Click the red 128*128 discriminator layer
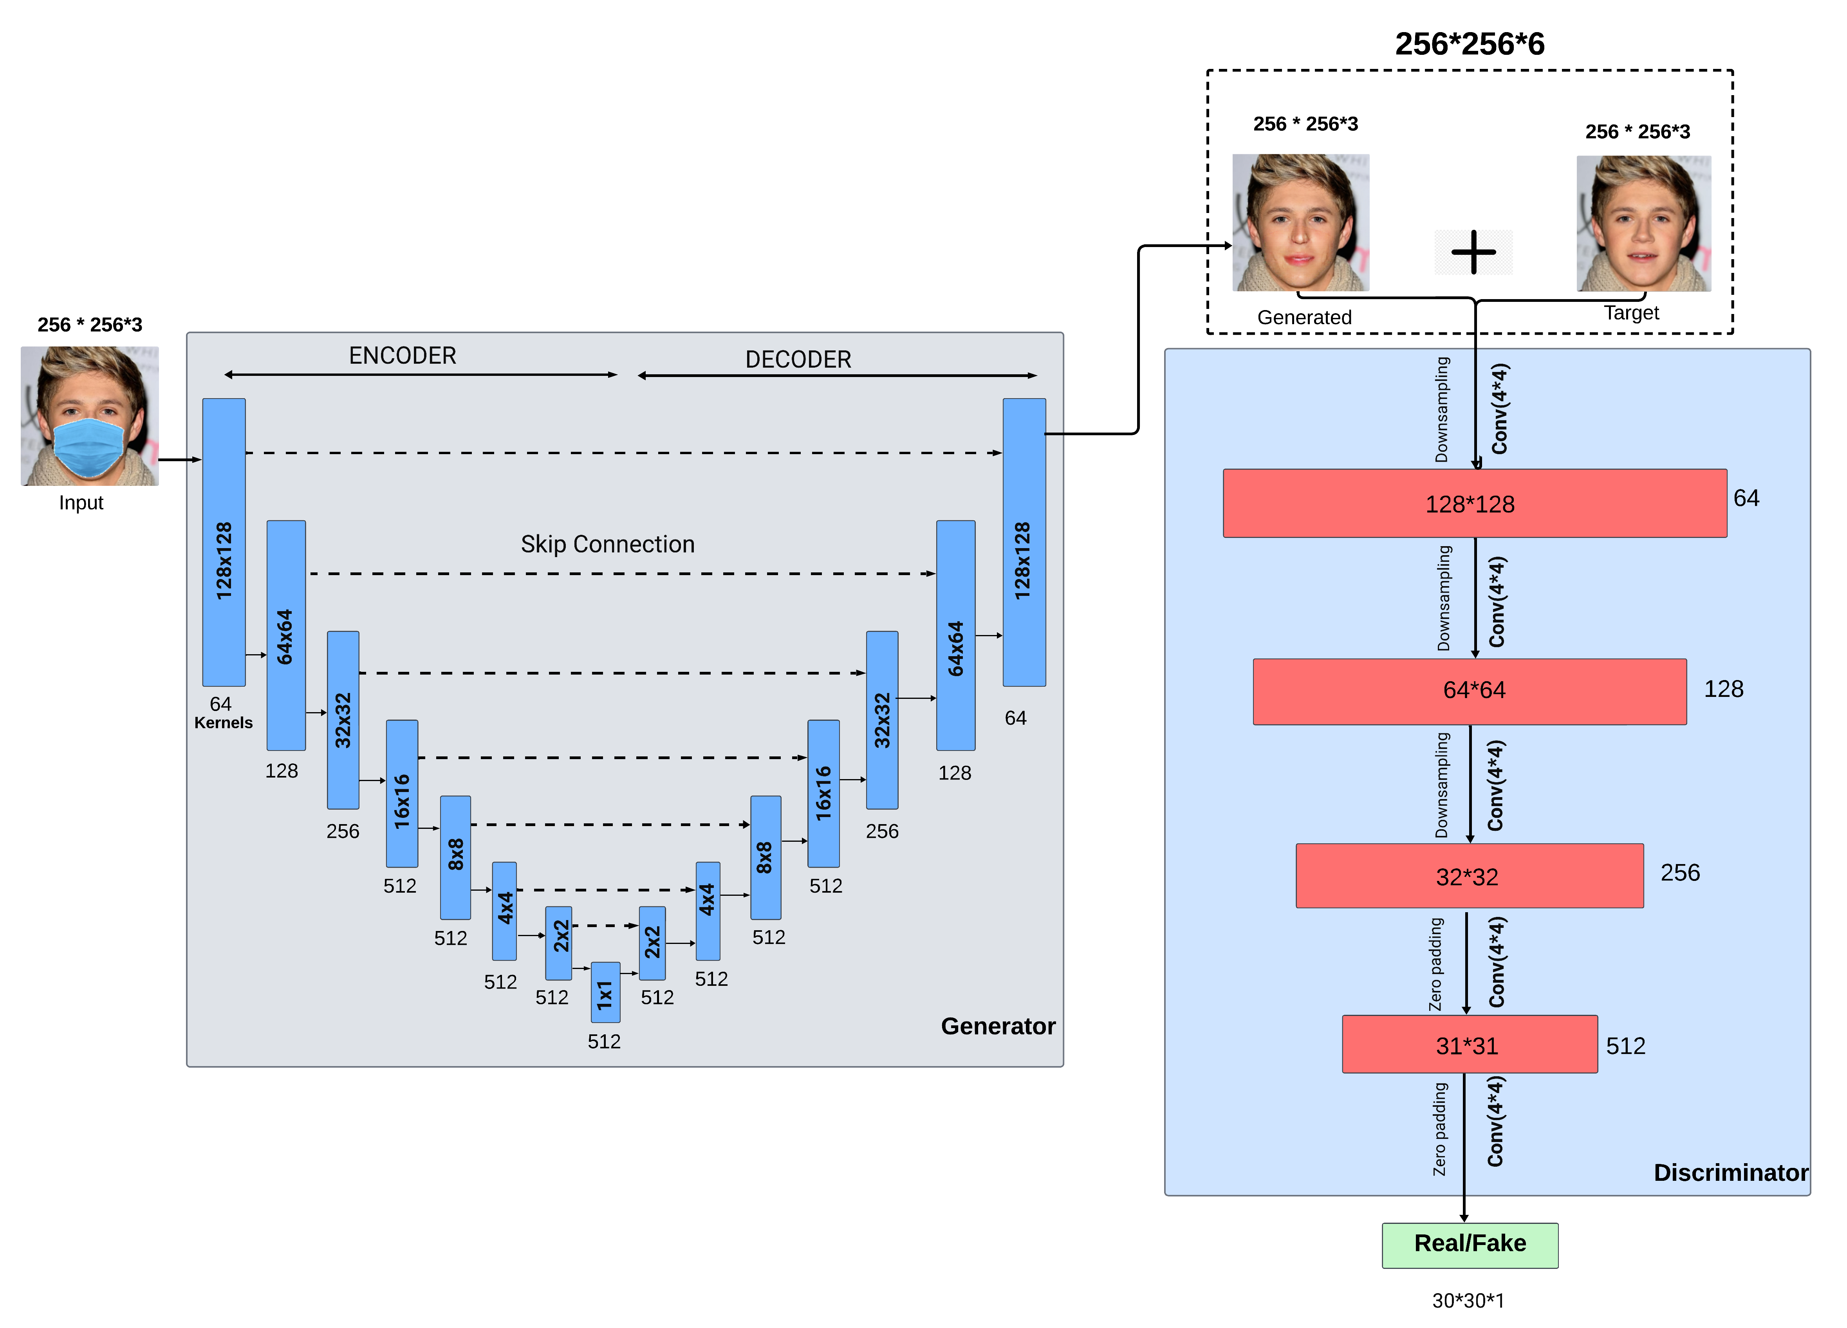pos(1474,503)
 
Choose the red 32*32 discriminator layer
pos(1469,876)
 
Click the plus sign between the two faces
pos(1473,253)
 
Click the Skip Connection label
pos(608,544)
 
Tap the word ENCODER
pos(402,356)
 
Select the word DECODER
pos(798,359)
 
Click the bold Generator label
pos(998,1026)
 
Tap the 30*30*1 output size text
pos(1468,1300)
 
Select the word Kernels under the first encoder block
pos(223,723)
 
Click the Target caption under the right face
pos(1631,313)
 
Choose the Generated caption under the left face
pos(1304,318)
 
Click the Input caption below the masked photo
pos(81,503)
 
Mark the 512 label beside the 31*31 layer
pos(1625,1045)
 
